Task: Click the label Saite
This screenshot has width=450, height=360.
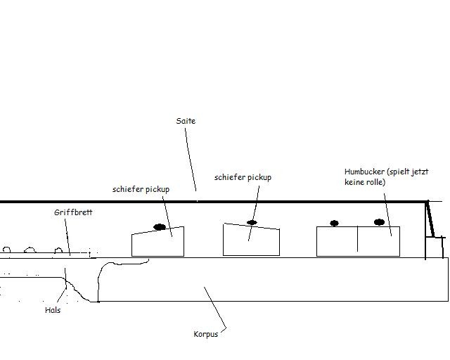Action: click(x=186, y=121)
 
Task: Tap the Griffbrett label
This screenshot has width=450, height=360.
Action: click(x=73, y=212)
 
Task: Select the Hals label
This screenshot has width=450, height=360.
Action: click(x=53, y=310)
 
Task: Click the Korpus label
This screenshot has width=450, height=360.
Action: click(x=206, y=334)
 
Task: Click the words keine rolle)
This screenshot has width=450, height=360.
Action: click(x=365, y=182)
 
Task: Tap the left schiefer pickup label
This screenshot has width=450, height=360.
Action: click(x=141, y=189)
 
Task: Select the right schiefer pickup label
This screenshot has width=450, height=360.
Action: click(x=243, y=177)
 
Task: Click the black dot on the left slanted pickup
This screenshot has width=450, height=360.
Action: click(x=160, y=227)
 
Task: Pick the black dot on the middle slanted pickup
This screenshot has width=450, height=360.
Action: click(x=252, y=222)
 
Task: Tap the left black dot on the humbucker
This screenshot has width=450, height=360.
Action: click(x=335, y=223)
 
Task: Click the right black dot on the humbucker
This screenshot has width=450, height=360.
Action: click(x=380, y=222)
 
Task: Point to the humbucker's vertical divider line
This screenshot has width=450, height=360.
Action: click(x=358, y=239)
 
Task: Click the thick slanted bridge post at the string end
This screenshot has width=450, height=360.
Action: click(x=430, y=219)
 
